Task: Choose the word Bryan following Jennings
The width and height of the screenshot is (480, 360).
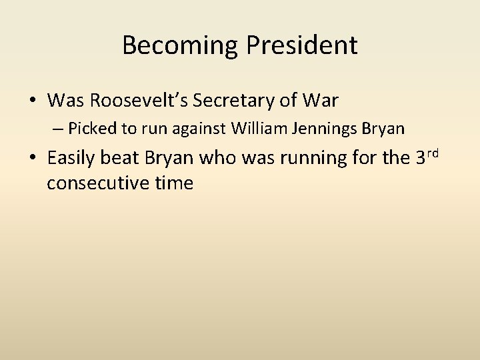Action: (x=384, y=127)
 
